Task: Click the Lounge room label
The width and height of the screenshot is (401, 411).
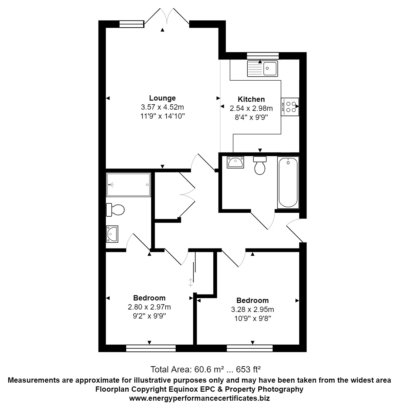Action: tap(162, 98)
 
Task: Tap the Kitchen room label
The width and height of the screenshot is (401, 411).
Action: tap(251, 99)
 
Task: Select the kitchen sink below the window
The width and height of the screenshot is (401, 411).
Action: tap(262, 68)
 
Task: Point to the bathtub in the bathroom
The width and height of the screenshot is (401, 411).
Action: tap(288, 182)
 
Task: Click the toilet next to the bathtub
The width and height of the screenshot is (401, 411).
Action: tap(260, 165)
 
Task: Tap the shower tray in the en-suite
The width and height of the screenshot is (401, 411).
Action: tap(128, 185)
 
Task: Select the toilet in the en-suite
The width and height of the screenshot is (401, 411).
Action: tap(115, 210)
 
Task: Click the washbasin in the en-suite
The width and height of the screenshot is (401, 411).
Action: tap(112, 234)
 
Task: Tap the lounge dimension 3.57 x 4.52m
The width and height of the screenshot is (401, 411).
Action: tap(162, 107)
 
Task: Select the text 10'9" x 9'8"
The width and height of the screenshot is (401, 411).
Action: tap(252, 319)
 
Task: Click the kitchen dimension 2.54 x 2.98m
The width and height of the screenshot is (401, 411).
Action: tap(251, 108)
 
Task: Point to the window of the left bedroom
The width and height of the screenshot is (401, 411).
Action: tap(151, 348)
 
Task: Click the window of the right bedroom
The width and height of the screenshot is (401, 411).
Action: tap(250, 348)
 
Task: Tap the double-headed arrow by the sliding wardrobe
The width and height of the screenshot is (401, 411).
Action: tap(190, 282)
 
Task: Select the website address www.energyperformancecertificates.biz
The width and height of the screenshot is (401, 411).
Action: tap(199, 398)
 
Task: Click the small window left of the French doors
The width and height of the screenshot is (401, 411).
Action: tap(131, 24)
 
